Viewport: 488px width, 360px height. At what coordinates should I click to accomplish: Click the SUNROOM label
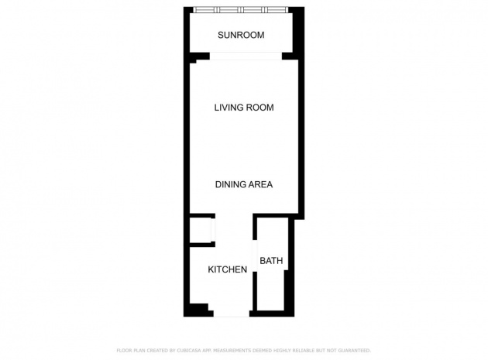click(241, 35)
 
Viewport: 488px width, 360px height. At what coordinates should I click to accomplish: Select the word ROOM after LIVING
click(259, 108)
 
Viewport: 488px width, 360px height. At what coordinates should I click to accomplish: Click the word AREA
click(259, 184)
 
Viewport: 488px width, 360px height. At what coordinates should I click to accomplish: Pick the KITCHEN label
click(228, 269)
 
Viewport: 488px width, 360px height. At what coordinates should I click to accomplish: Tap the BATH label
click(271, 260)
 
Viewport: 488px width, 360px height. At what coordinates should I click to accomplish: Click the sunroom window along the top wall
click(240, 10)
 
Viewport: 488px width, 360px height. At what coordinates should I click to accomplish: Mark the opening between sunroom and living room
click(246, 56)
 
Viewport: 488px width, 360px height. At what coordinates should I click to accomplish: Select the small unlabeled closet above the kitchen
click(201, 230)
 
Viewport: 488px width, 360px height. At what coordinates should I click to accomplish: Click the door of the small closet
click(213, 230)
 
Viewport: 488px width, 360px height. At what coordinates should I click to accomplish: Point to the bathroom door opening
click(255, 255)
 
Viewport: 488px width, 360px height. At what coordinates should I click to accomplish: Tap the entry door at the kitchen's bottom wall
click(232, 314)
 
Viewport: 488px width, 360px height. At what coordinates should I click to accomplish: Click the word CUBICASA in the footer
click(189, 351)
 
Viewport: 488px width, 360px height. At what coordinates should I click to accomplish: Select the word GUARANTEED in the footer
click(354, 351)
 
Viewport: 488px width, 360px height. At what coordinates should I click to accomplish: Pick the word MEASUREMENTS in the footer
click(232, 351)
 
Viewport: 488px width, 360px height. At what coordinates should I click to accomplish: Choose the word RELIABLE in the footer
click(303, 351)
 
